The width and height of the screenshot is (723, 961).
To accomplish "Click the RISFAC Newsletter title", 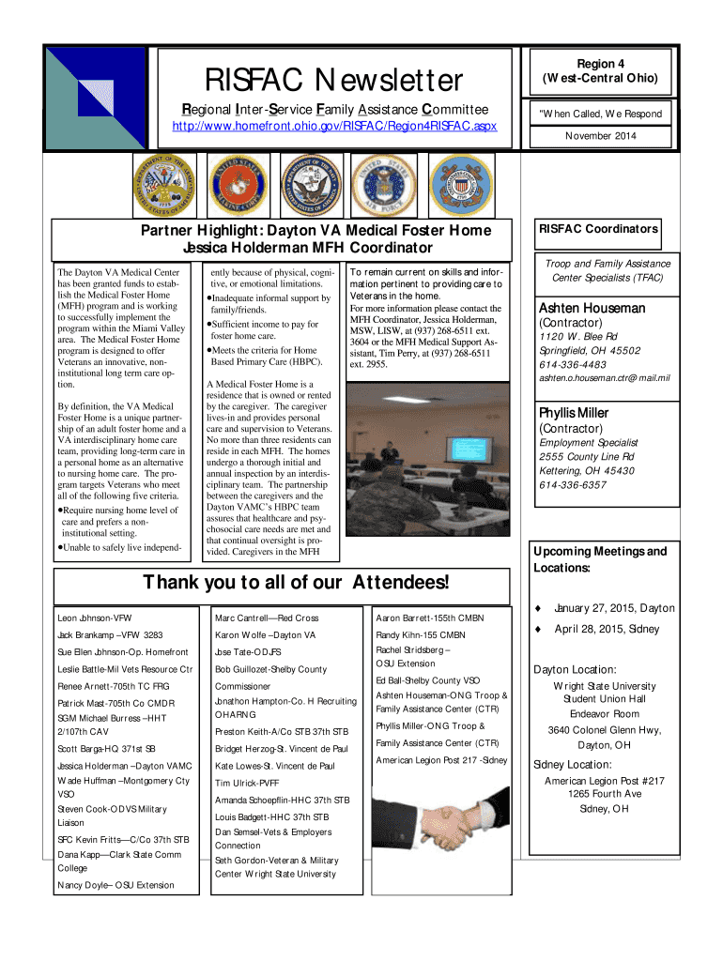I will click(x=334, y=81).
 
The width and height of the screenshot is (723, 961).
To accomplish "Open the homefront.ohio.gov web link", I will click(x=334, y=126).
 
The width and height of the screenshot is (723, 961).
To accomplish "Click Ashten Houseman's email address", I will click(x=603, y=378).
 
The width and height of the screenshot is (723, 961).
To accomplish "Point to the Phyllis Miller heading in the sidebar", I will click(x=573, y=413).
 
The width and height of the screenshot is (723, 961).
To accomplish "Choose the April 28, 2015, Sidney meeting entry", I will click(x=607, y=629).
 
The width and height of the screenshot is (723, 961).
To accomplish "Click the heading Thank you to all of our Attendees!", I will click(x=295, y=583).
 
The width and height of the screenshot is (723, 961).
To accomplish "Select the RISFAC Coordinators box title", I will click(x=597, y=229).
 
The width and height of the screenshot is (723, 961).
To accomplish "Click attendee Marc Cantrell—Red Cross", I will click(x=267, y=618).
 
